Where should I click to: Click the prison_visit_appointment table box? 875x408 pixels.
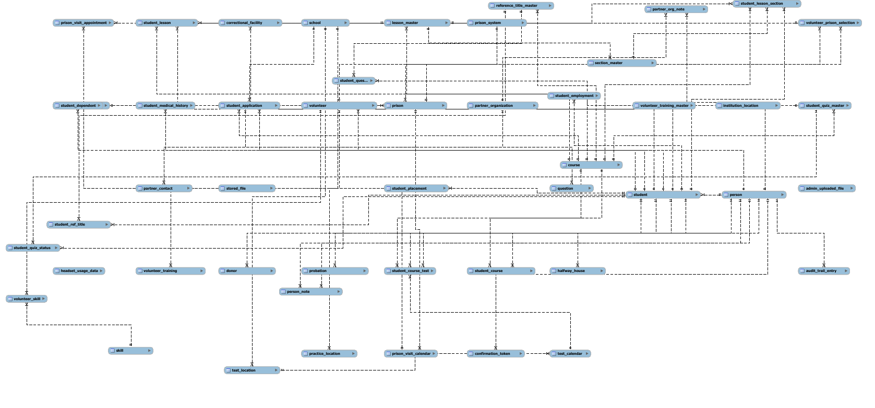[83, 23]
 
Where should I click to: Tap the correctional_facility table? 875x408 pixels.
[250, 23]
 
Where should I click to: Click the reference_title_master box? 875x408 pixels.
[521, 6]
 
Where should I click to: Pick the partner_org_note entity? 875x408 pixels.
[676, 9]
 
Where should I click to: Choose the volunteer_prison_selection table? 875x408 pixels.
[830, 23]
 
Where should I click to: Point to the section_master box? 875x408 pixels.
[621, 63]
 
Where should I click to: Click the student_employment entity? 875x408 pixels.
[574, 96]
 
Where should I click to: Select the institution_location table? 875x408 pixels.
[748, 106]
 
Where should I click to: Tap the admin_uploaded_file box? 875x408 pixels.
[826, 189]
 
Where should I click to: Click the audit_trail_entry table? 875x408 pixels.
[824, 271]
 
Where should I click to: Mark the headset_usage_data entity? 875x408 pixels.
[79, 271]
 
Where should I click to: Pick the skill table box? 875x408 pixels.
[130, 351]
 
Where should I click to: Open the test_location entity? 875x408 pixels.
[252, 370]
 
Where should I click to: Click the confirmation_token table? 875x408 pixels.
[495, 354]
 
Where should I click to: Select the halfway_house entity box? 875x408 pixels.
[577, 271]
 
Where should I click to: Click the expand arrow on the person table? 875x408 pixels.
[782, 195]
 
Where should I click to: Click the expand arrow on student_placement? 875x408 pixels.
[445, 189]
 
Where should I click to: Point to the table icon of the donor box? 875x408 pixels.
[222, 271]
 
